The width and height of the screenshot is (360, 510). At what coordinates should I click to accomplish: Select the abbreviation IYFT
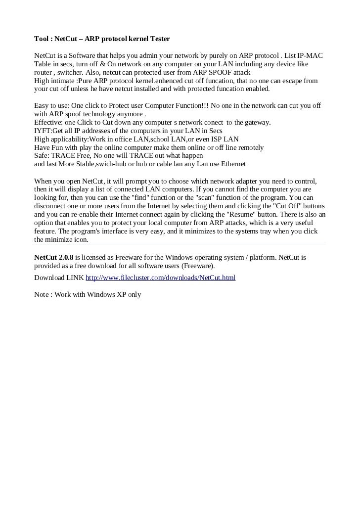pyautogui.click(x=42, y=131)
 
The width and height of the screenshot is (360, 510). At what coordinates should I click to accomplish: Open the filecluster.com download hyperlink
pyautogui.click(x=160, y=278)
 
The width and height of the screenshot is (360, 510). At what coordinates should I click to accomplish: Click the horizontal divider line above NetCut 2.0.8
pyautogui.click(x=180, y=244)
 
